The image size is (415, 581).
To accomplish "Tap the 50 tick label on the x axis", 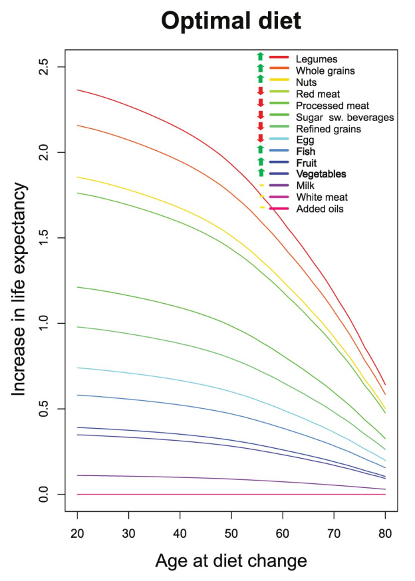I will [231, 534].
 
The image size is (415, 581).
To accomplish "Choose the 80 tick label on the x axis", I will [385, 534].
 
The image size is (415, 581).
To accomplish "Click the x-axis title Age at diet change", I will [231, 560].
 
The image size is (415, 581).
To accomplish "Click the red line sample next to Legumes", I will [279, 59].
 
